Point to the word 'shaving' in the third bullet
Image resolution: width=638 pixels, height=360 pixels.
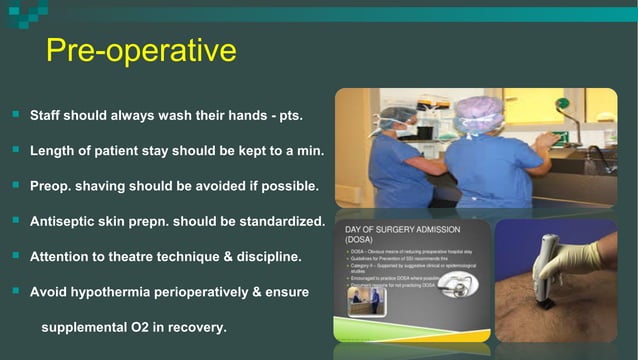coord(105,185)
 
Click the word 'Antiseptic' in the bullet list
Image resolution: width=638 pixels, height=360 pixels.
coord(65,220)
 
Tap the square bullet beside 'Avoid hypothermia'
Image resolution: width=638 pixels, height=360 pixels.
coord(15,291)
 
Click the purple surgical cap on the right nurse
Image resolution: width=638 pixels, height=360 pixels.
coord(478,113)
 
